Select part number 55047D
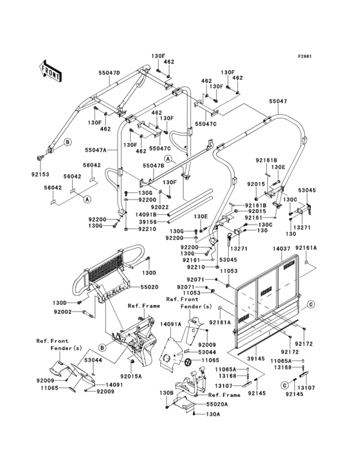pyautogui.click(x=109, y=73)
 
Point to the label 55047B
pyautogui.click(x=153, y=165)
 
